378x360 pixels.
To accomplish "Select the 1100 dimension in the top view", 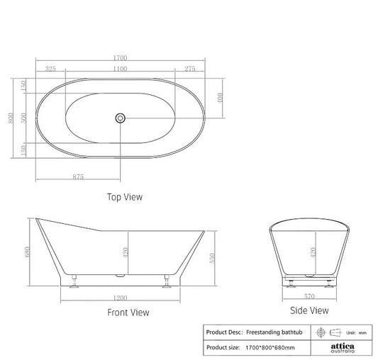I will (120, 69).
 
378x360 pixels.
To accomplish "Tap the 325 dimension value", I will (50, 69).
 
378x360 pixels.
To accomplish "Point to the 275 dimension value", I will (189, 69).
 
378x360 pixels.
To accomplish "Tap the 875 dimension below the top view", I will (78, 176).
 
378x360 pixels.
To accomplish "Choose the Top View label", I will (125, 198).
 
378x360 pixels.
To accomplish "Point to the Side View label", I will (309, 310).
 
